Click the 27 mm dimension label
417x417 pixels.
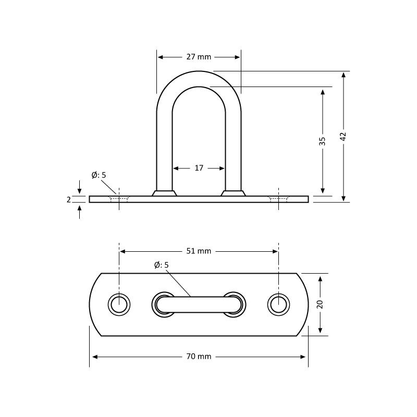click(x=199, y=57)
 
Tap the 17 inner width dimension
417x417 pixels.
click(x=199, y=168)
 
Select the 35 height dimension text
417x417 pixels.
click(x=322, y=141)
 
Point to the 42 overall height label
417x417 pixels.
click(x=344, y=137)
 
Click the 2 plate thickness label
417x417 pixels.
click(x=69, y=200)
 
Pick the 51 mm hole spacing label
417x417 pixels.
click(x=199, y=251)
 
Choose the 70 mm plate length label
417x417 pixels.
click(x=199, y=357)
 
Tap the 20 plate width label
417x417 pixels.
click(x=320, y=304)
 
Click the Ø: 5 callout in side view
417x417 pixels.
click(x=99, y=175)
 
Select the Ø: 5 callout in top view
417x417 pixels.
click(x=162, y=265)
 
